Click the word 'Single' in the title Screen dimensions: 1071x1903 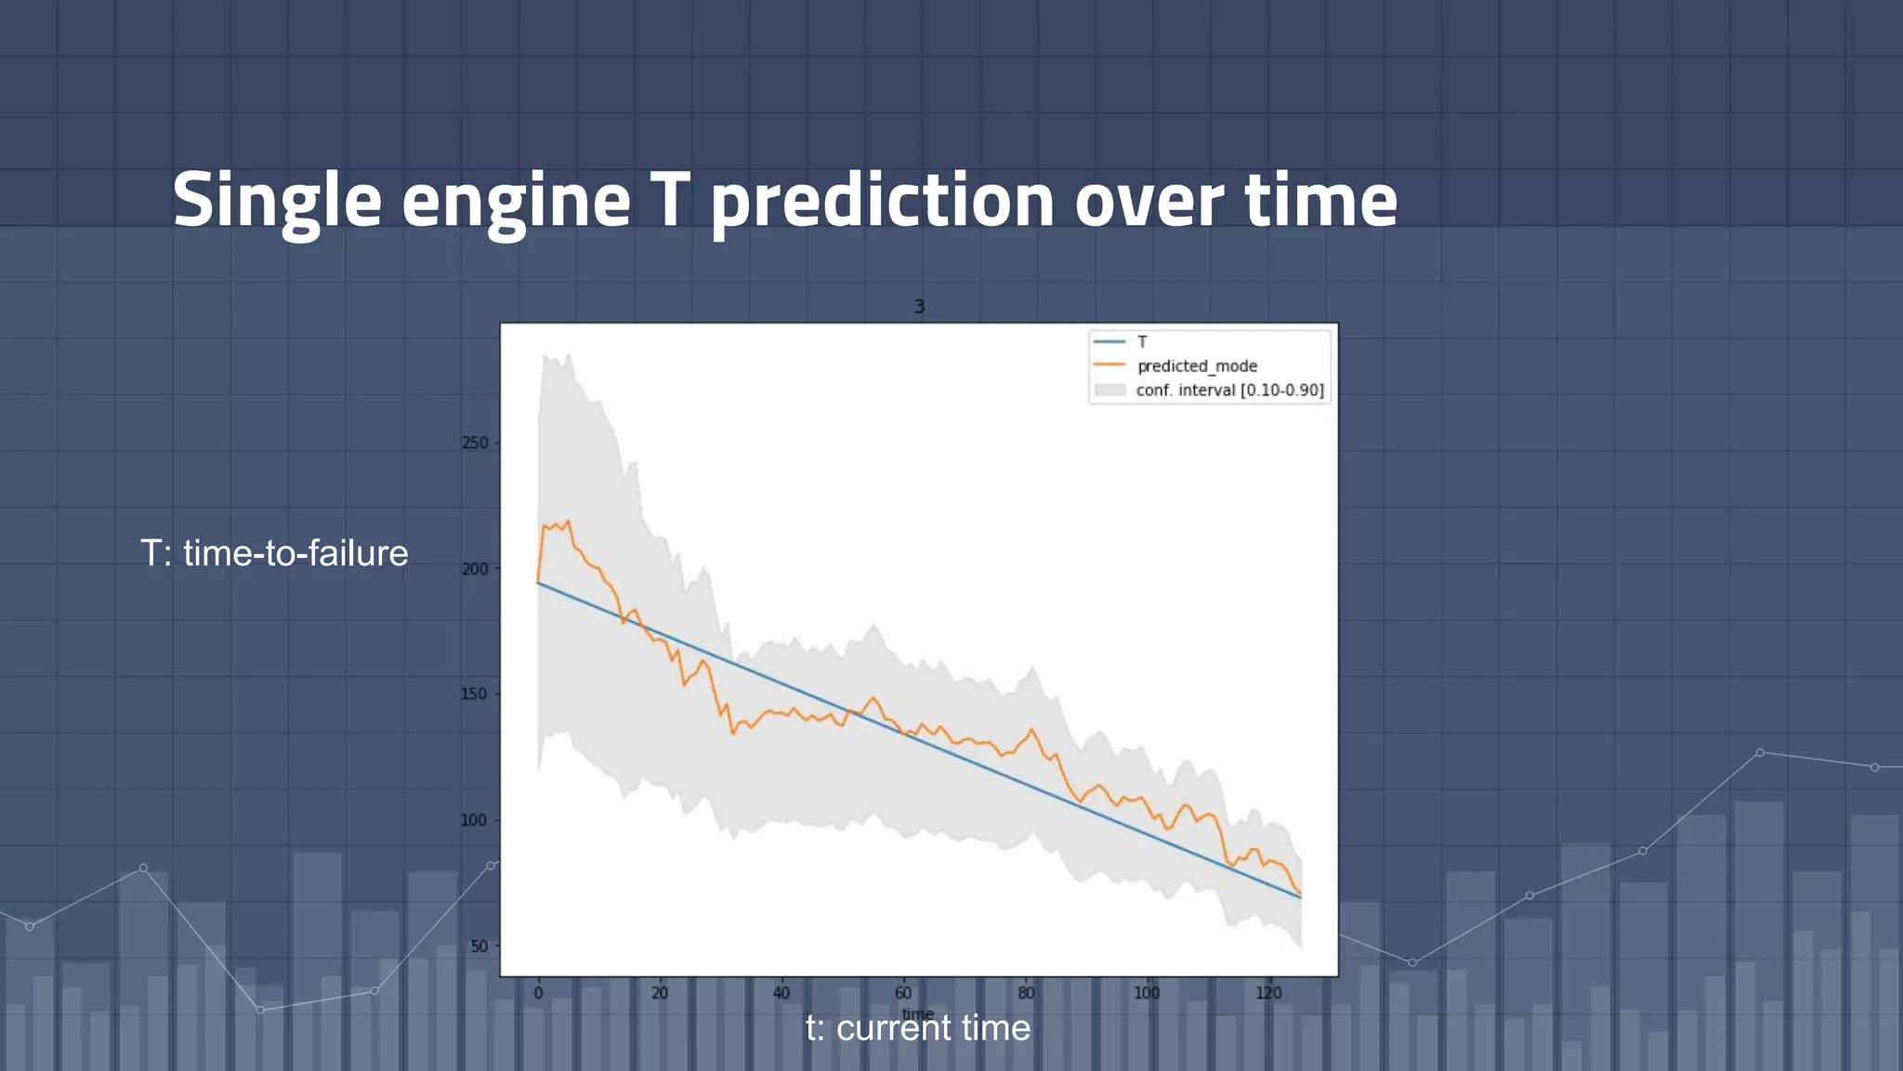277,201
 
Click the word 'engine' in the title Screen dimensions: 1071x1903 516,201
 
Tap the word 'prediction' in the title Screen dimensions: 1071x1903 882,201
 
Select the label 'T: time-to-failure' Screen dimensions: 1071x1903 274,553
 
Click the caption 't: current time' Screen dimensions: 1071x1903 917,1028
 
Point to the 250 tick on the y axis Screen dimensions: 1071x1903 475,443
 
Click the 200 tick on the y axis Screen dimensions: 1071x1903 475,569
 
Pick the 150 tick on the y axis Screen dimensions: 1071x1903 475,694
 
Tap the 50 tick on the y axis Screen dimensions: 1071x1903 479,946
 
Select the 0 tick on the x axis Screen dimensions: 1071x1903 538,993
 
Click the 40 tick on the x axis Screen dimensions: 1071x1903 781,993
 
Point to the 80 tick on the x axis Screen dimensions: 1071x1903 1025,993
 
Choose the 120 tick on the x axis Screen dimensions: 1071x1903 1268,993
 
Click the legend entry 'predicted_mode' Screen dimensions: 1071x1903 1197,366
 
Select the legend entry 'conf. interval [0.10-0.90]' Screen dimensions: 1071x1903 1229,390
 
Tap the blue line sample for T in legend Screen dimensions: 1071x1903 1109,342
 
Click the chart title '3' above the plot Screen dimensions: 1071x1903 919,307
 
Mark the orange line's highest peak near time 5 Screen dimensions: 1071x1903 568,522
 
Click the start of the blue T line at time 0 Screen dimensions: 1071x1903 539,583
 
